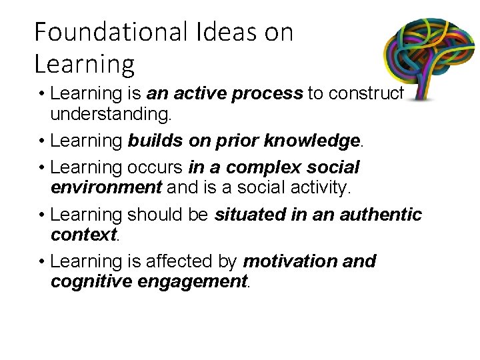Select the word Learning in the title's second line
pos(84,64)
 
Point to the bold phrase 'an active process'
pos(225,94)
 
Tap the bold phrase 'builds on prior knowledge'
pos(244,141)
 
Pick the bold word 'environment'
pos(106,187)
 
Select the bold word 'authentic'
pos(381,215)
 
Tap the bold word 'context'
pos(83,234)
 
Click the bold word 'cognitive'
pos(91,281)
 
